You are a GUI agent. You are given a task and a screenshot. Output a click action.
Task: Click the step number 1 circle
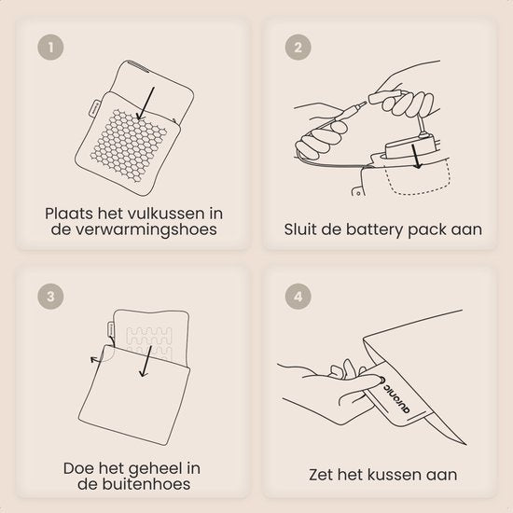pyautogui.click(x=50, y=48)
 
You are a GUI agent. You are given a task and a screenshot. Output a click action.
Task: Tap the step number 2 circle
pyautogui.click(x=298, y=48)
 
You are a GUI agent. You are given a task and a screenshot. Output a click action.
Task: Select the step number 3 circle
pyautogui.click(x=50, y=297)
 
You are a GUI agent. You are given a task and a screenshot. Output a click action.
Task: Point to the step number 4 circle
pyautogui.click(x=298, y=297)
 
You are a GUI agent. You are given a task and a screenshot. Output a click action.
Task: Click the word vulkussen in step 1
pyautogui.click(x=165, y=214)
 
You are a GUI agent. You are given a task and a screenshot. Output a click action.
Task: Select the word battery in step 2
pyautogui.click(x=375, y=229)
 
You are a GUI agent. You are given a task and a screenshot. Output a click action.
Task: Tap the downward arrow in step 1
pyautogui.click(x=146, y=104)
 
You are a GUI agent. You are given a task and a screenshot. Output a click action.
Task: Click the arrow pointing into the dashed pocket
pyautogui.click(x=415, y=157)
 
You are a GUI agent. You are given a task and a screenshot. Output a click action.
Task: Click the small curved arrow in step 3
pyautogui.click(x=98, y=359)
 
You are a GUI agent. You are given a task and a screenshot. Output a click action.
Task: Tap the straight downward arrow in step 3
pyautogui.click(x=146, y=361)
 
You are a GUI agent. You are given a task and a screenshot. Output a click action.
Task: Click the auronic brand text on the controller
pyautogui.click(x=395, y=395)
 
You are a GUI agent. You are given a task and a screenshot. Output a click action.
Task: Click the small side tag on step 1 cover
pyautogui.click(x=94, y=107)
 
